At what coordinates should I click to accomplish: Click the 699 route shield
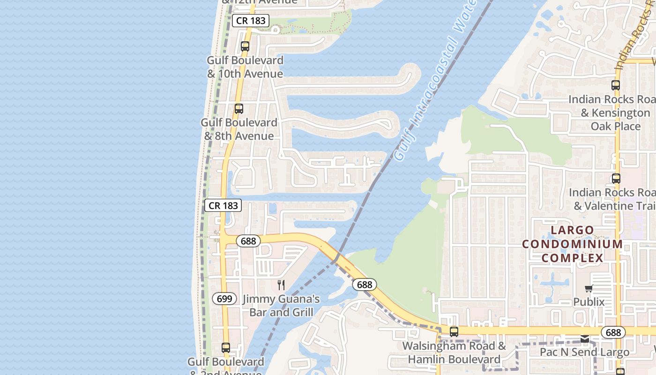tap(224, 299)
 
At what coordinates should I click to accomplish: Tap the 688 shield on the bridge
tap(364, 285)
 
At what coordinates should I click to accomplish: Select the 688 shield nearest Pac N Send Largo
tap(613, 332)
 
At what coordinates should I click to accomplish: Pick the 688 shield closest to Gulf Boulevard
tap(248, 241)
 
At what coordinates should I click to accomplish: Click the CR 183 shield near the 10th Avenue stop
tap(251, 21)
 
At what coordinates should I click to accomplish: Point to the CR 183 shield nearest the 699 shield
tap(223, 205)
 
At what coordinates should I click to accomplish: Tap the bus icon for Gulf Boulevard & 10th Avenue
tap(245, 46)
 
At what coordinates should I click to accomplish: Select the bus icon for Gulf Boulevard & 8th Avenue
tap(239, 109)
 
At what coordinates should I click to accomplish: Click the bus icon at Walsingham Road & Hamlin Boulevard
tap(454, 332)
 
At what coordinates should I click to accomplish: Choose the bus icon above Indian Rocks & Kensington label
tap(616, 85)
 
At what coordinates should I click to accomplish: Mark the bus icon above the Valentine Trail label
tap(616, 179)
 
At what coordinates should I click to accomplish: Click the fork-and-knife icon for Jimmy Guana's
tap(281, 285)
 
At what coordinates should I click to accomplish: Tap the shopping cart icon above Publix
tap(589, 288)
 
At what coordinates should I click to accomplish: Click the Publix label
tap(589, 302)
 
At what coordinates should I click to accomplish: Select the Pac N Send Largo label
tap(584, 352)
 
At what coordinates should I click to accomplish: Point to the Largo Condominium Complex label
tap(572, 244)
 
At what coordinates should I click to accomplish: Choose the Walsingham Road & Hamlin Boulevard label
tap(454, 353)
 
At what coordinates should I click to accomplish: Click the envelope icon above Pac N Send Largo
tap(584, 339)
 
